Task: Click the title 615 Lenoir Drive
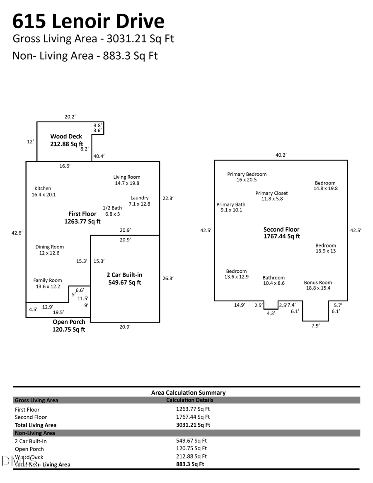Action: pyautogui.click(x=88, y=21)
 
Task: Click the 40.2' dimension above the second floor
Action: pyautogui.click(x=281, y=155)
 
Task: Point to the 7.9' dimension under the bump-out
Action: pyautogui.click(x=315, y=326)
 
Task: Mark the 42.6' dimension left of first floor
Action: pyautogui.click(x=17, y=233)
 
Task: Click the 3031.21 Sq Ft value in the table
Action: pyautogui.click(x=193, y=425)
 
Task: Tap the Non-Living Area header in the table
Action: pyautogui.click(x=35, y=433)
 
